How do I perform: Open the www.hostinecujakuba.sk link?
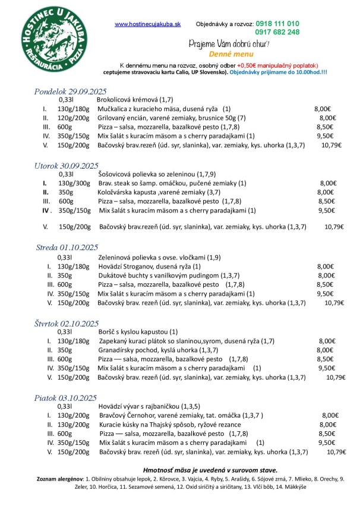click(147, 24)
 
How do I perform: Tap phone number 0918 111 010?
click(277, 23)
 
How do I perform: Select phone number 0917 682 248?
click(277, 32)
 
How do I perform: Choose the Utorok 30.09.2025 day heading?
click(65, 165)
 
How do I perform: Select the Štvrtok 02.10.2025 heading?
click(66, 323)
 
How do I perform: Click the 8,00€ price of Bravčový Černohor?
click(330, 416)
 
